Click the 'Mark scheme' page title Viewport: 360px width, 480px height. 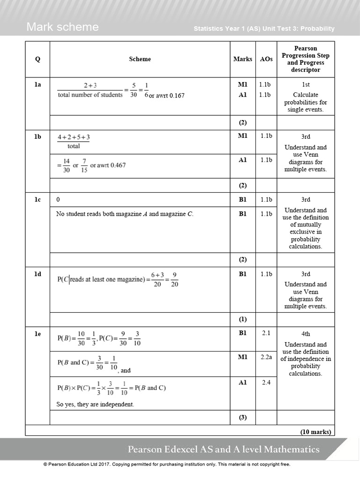(x=62, y=27)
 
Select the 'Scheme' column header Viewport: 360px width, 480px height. (x=140, y=59)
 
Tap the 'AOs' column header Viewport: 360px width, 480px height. (x=266, y=59)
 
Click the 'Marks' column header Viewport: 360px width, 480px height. (x=242, y=59)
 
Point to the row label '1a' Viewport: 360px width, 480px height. (x=37, y=85)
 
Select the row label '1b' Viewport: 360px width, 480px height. (x=37, y=136)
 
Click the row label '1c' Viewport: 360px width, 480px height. (x=37, y=200)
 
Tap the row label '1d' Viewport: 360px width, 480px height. (x=37, y=274)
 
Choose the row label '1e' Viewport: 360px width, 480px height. (x=37, y=334)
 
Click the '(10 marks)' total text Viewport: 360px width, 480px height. (x=315, y=432)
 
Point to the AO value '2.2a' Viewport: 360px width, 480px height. (x=266, y=357)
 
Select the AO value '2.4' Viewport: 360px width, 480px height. (x=266, y=382)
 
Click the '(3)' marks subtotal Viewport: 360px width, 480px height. (x=242, y=418)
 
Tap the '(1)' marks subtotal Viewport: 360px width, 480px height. (x=242, y=319)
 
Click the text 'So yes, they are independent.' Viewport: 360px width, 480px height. (x=95, y=404)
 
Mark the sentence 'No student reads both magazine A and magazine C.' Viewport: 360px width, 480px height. (x=125, y=214)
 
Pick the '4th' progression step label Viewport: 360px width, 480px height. (x=306, y=334)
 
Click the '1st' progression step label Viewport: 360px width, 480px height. (x=306, y=85)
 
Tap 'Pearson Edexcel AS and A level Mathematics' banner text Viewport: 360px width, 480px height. (x=224, y=450)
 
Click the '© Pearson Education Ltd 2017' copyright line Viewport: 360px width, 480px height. (x=166, y=465)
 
